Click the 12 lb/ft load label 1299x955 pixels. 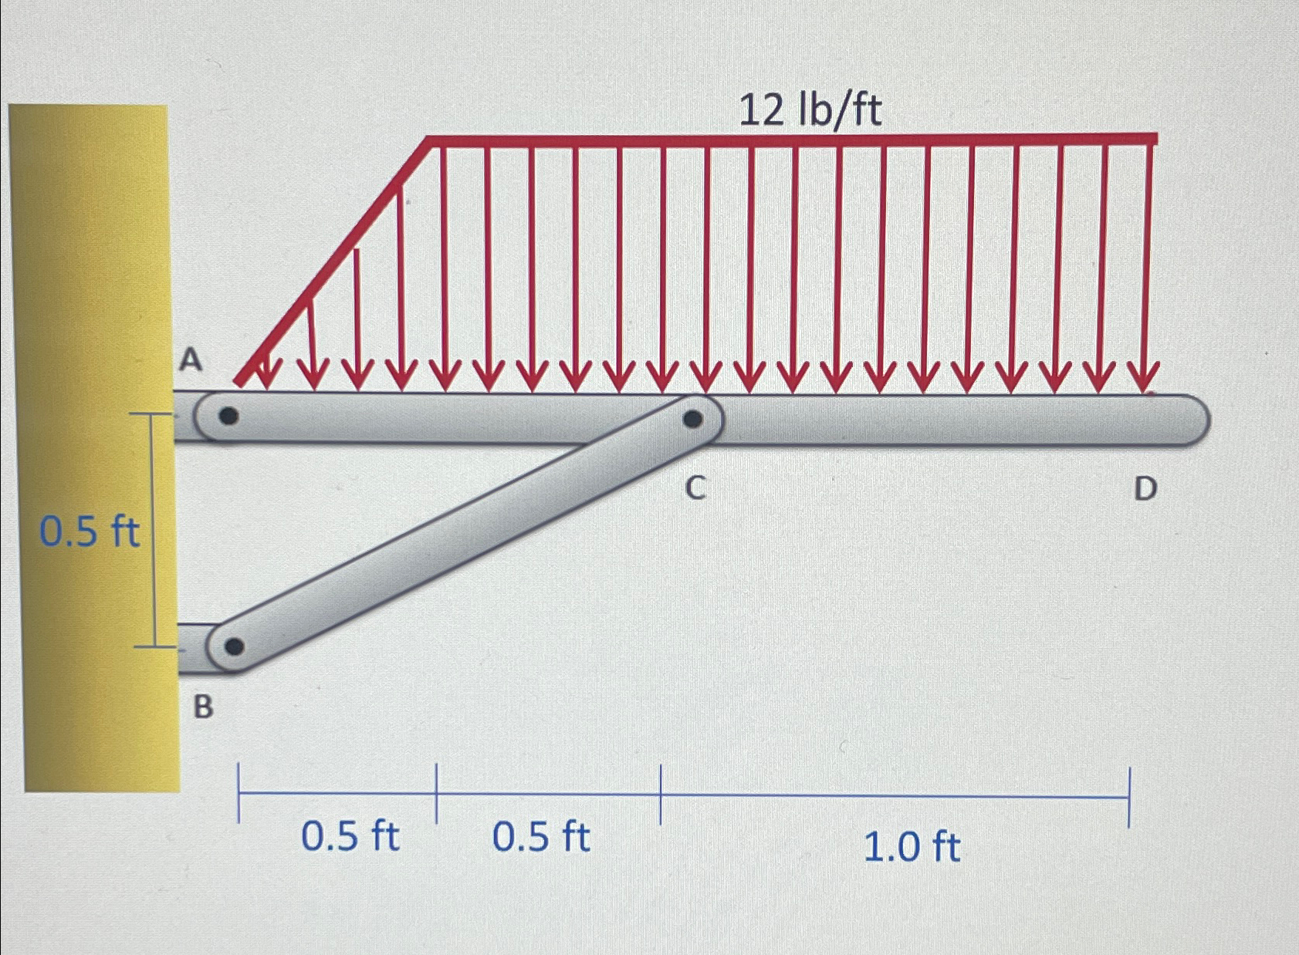(810, 110)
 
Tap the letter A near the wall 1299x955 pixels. (191, 359)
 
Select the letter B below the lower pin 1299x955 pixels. (202, 706)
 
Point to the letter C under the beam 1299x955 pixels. (695, 488)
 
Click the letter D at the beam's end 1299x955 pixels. (1145, 489)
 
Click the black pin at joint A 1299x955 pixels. (228, 417)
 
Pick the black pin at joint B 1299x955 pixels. (235, 646)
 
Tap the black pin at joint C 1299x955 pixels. (693, 419)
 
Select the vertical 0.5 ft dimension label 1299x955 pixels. (90, 532)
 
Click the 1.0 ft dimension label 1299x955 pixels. (911, 847)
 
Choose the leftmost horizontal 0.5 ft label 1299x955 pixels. (350, 836)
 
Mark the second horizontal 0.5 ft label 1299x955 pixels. (541, 837)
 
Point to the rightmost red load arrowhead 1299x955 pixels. (1144, 379)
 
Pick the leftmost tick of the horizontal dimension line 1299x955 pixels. (239, 793)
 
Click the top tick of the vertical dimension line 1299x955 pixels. (151, 414)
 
